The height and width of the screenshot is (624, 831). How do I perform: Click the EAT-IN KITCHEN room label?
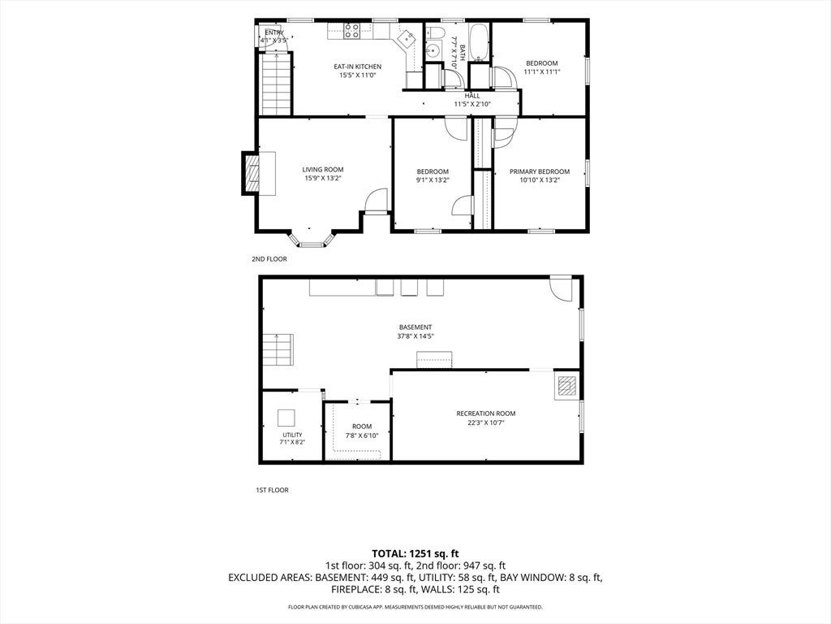pyautogui.click(x=357, y=67)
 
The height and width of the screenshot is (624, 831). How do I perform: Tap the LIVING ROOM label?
pyautogui.click(x=323, y=170)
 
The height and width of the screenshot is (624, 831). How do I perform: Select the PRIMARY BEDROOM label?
pyautogui.click(x=540, y=171)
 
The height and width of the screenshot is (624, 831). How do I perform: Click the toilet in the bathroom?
pyautogui.click(x=435, y=32)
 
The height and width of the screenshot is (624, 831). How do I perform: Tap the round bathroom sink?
pyautogui.click(x=433, y=51)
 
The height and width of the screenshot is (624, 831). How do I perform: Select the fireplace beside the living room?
pyautogui.click(x=252, y=173)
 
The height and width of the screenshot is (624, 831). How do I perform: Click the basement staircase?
pyautogui.click(x=278, y=349)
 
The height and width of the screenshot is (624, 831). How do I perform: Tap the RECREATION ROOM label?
pyautogui.click(x=486, y=414)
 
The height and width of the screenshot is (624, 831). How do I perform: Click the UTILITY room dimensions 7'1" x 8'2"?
pyautogui.click(x=292, y=442)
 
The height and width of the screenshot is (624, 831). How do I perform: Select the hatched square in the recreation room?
pyautogui.click(x=567, y=385)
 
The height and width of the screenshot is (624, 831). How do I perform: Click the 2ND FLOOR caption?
pyautogui.click(x=269, y=259)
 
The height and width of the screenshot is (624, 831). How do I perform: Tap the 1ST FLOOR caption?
pyautogui.click(x=273, y=490)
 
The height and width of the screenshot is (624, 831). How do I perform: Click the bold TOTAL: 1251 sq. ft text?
pyautogui.click(x=415, y=554)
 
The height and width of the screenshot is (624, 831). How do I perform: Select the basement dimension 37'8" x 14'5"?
pyautogui.click(x=415, y=336)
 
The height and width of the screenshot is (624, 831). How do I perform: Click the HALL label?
pyautogui.click(x=472, y=96)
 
